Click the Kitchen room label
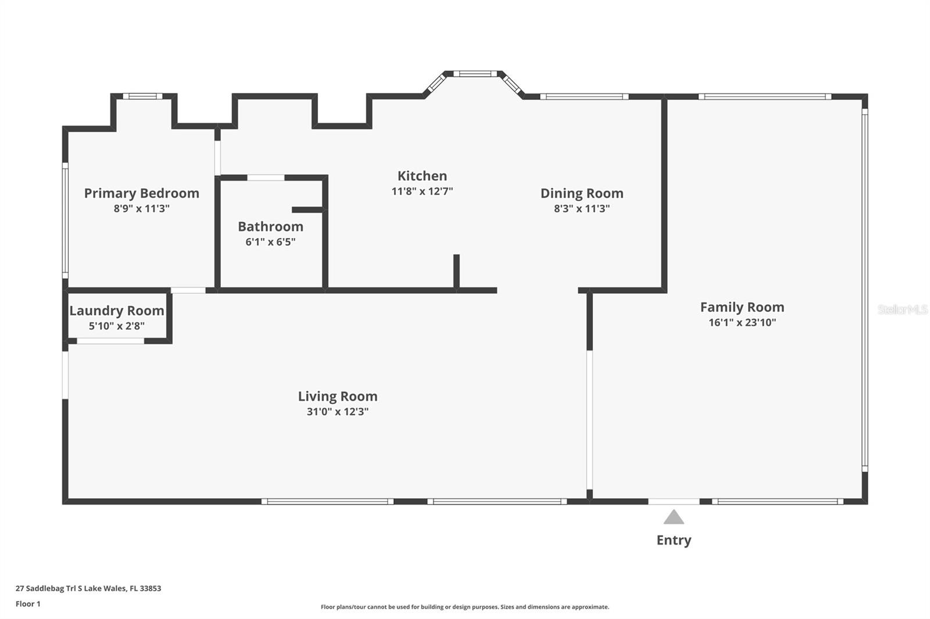(422, 176)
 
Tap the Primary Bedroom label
(142, 193)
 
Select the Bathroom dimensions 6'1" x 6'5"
(270, 242)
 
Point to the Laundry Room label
(117, 311)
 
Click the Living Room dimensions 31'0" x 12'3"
(338, 412)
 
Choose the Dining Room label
(582, 193)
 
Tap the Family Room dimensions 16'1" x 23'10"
(742, 322)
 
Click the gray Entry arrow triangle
(674, 517)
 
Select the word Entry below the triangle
(674, 540)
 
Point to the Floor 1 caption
(28, 604)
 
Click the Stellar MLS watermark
(903, 310)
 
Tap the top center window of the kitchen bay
(475, 74)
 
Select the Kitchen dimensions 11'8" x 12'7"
(422, 191)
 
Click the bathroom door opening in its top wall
(266, 178)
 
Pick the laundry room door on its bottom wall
(110, 341)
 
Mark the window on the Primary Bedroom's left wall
(65, 220)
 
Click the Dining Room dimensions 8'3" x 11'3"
(582, 208)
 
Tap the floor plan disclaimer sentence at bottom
(465, 607)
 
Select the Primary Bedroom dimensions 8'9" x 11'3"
(142, 208)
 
